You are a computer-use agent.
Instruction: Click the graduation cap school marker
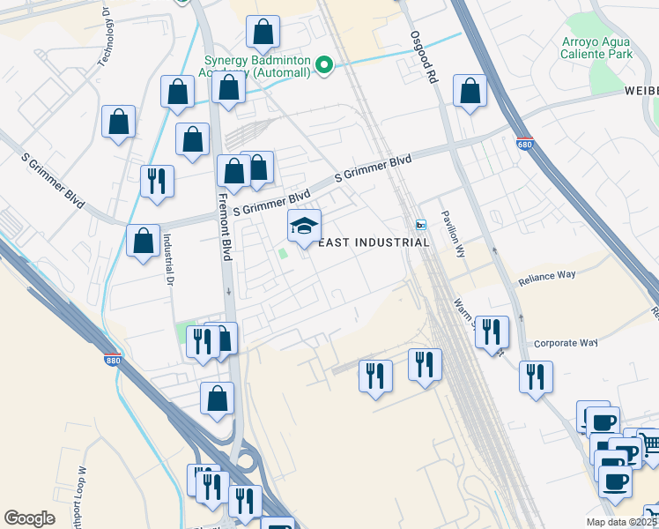point(305,227)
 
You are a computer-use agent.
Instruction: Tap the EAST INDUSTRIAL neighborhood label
point(373,242)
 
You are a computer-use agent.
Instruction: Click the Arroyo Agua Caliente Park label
point(596,48)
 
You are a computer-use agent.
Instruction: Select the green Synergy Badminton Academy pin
point(324,64)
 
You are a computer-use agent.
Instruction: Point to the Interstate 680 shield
point(526,143)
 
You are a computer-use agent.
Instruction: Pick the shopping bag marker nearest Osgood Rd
point(470,91)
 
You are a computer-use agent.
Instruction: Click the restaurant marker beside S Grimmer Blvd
point(157,181)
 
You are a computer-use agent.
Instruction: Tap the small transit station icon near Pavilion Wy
point(420,224)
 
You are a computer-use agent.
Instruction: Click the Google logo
point(29,518)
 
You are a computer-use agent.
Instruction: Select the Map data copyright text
point(622,522)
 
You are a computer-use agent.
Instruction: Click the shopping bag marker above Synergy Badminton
point(263,33)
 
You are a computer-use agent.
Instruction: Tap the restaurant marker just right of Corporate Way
point(536,376)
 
